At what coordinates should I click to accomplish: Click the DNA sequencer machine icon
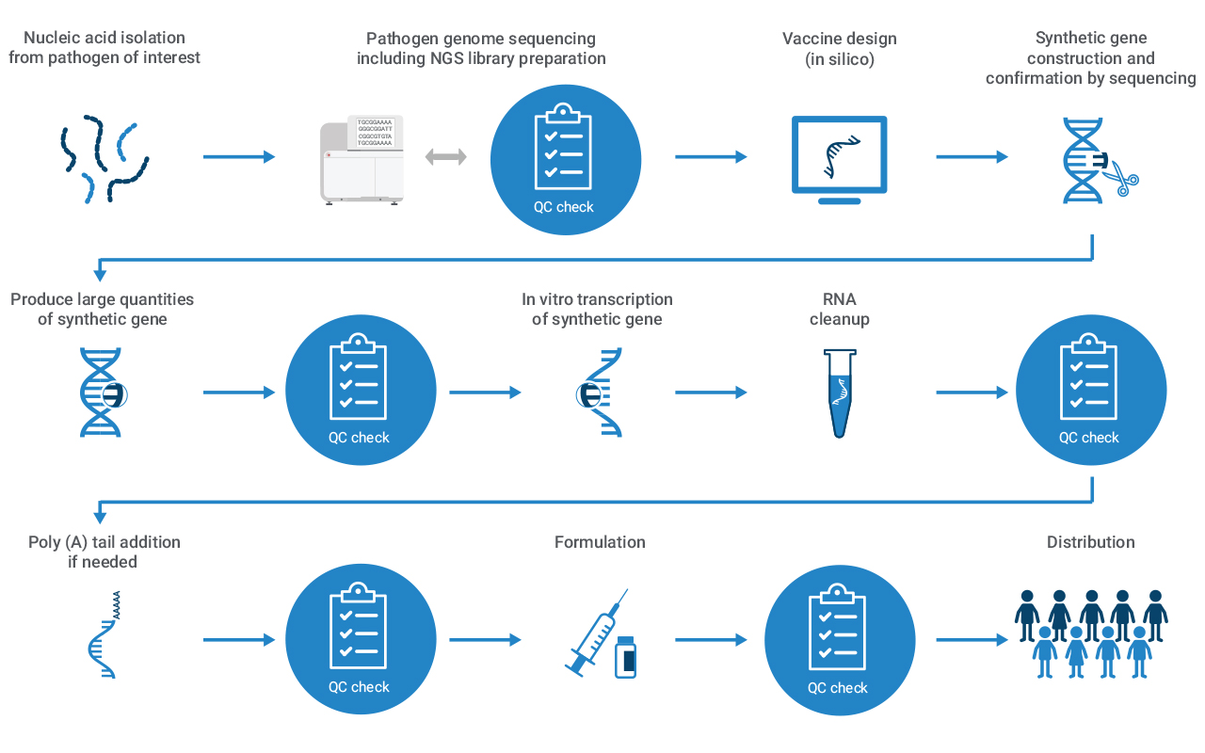(x=362, y=158)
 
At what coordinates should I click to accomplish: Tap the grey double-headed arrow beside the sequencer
(x=446, y=157)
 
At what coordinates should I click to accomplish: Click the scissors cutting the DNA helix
(x=1120, y=177)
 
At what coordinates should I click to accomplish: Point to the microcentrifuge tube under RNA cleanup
(x=839, y=392)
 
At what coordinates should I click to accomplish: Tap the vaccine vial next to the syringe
(x=625, y=657)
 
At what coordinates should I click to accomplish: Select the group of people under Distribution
(x=1091, y=633)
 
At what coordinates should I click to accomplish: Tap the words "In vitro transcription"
(x=597, y=299)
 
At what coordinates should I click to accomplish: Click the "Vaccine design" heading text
(x=839, y=39)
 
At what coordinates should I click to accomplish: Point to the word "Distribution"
(x=1090, y=542)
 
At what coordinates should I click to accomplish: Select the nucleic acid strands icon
(x=102, y=157)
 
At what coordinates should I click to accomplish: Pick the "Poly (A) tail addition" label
(x=104, y=542)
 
